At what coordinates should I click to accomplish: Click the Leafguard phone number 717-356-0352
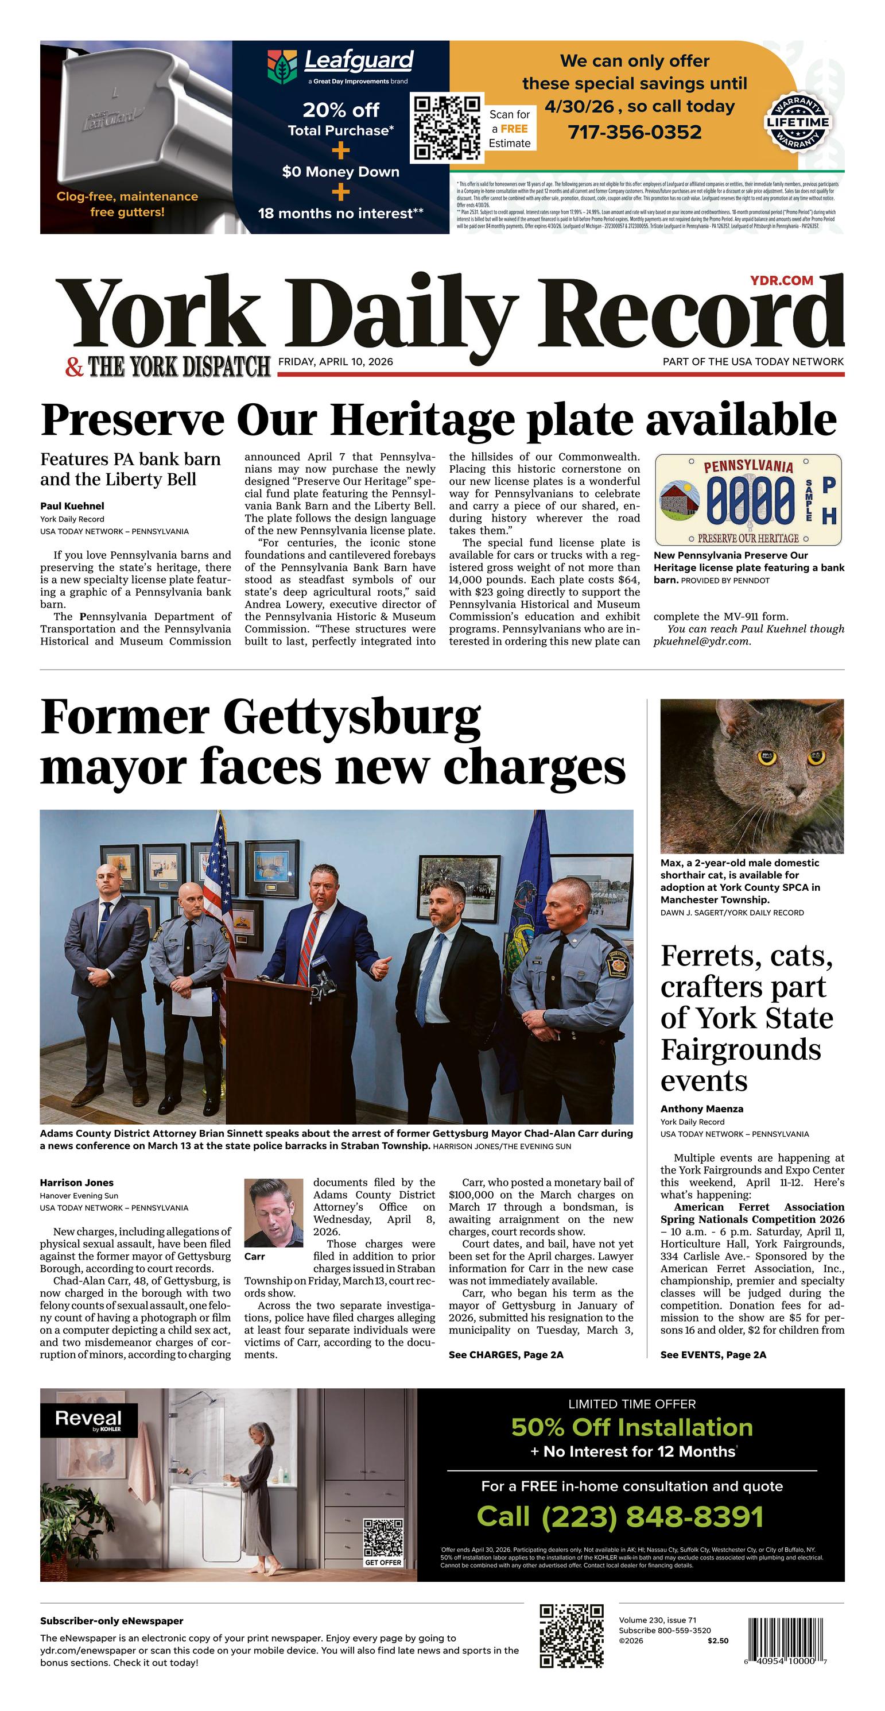(x=634, y=132)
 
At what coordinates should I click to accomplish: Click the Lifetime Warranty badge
(x=797, y=122)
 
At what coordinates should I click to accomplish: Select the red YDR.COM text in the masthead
(x=782, y=280)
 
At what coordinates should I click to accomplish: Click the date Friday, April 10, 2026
(x=335, y=362)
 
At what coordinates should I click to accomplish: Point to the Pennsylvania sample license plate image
(x=748, y=500)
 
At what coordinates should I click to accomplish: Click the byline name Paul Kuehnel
(x=72, y=506)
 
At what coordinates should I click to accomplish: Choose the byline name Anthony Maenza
(x=701, y=1109)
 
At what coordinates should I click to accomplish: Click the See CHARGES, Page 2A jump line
(x=505, y=1355)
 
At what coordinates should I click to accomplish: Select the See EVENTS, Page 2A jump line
(x=712, y=1355)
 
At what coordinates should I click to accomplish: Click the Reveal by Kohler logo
(x=88, y=1420)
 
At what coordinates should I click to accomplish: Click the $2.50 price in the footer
(x=717, y=1640)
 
